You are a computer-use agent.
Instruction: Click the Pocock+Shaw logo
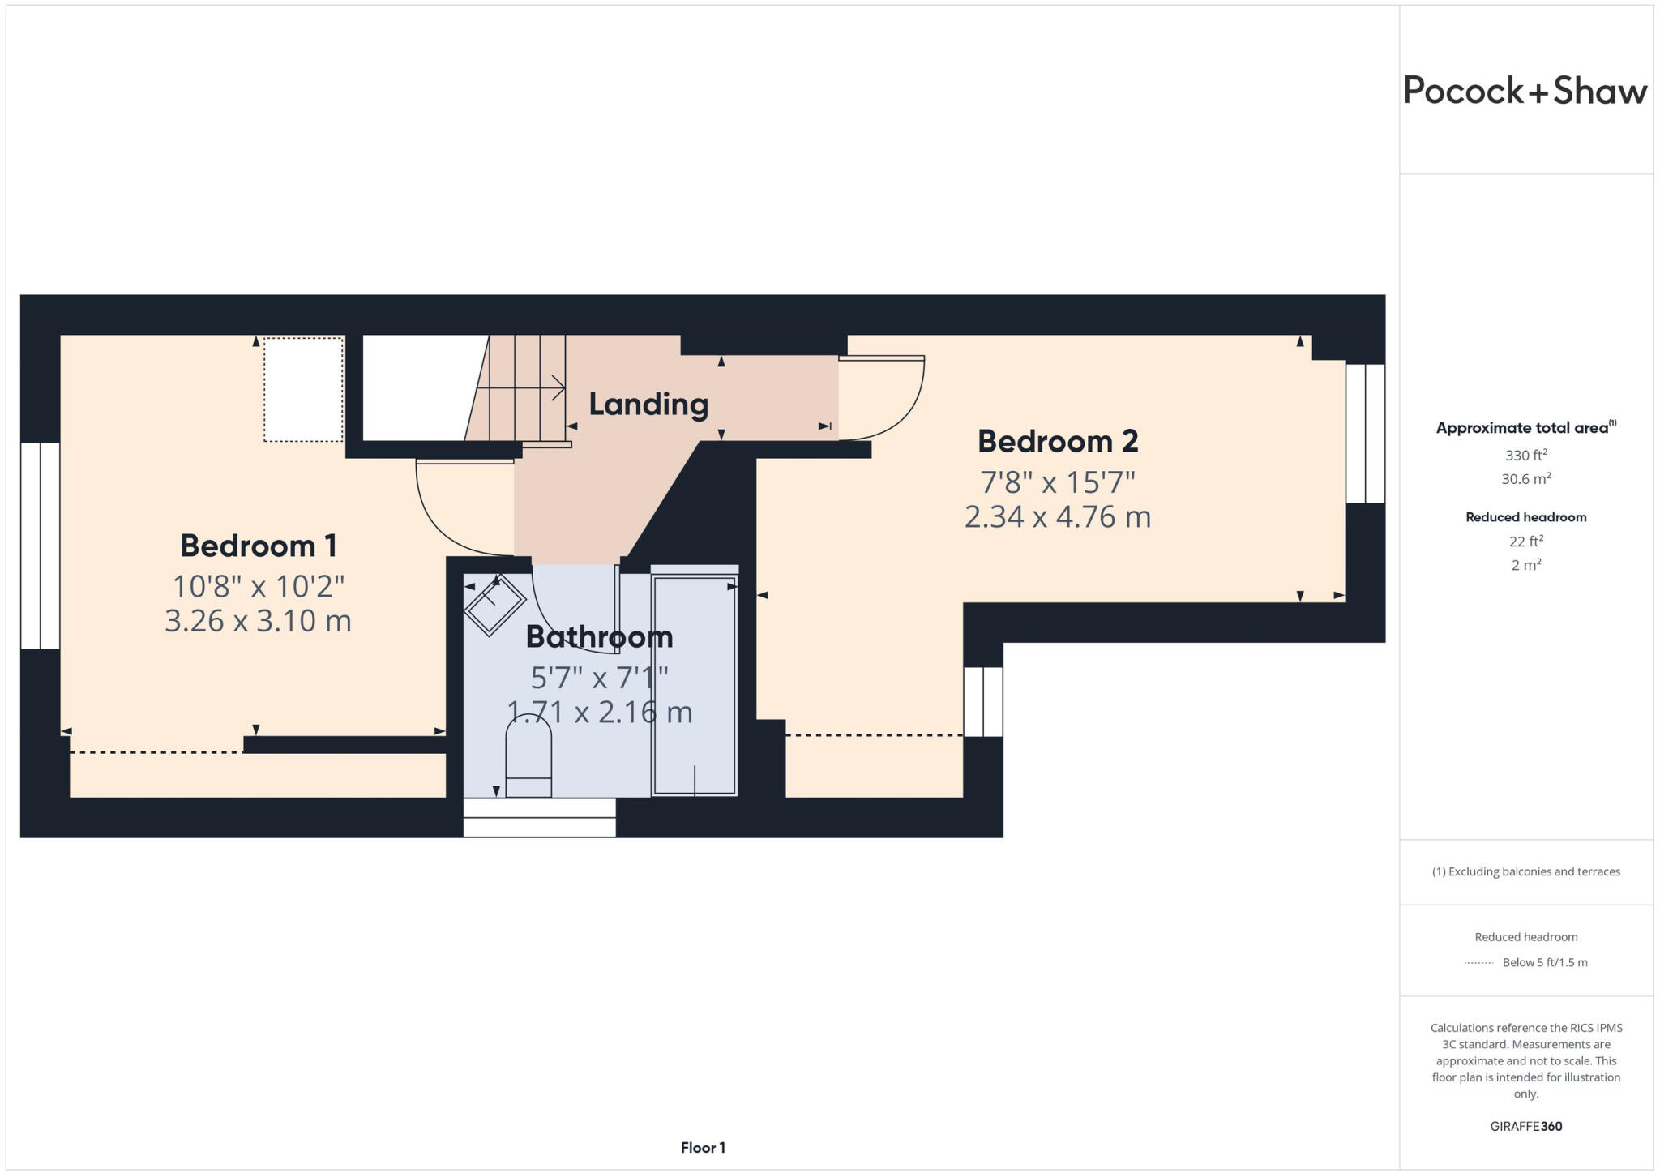1525,91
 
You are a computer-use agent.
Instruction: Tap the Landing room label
648,404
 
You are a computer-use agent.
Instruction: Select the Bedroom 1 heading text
258,546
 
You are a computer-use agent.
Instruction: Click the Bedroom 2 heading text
1058,441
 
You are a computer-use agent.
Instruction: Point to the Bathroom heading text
599,636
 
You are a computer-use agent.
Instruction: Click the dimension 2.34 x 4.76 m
1058,516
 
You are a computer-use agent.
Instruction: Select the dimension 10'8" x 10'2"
258,585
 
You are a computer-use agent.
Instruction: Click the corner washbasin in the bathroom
494,605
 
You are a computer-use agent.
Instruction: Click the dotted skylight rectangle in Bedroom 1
303,389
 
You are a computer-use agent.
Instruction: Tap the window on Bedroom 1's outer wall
40,546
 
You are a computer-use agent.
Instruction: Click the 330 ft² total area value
1525,455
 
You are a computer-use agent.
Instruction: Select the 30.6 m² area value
1525,479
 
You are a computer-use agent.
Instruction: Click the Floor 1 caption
703,1147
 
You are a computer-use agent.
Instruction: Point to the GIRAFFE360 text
1525,1126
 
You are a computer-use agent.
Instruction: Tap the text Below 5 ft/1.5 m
1544,962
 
